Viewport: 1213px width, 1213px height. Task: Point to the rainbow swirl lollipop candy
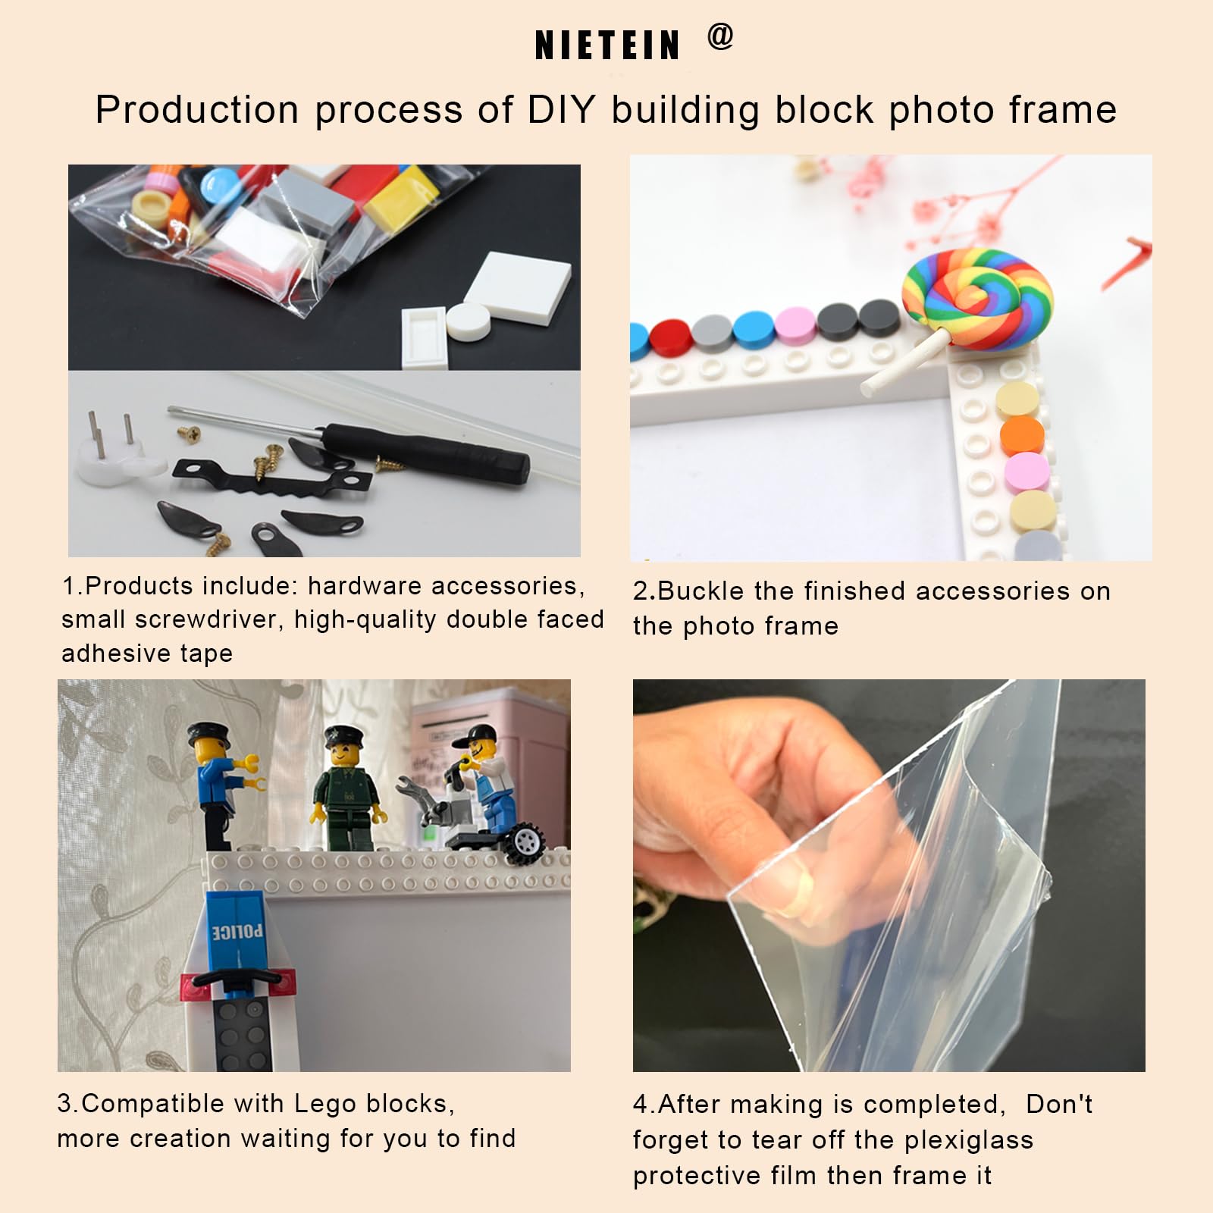pyautogui.click(x=977, y=299)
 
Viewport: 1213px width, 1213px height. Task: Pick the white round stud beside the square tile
pyautogui.click(x=469, y=321)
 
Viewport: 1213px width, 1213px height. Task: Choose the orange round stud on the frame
pyautogui.click(x=1022, y=435)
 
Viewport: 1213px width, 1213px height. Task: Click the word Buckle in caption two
pyautogui.click(x=691, y=591)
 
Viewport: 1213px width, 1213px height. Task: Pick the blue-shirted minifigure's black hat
pyautogui.click(x=205, y=732)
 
